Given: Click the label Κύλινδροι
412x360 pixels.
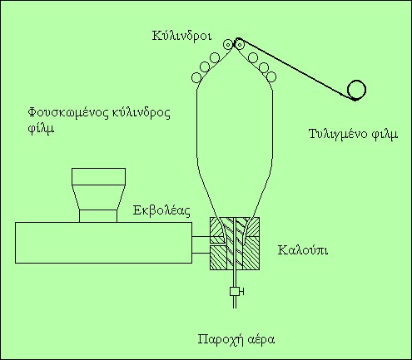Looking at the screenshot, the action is [x=181, y=37].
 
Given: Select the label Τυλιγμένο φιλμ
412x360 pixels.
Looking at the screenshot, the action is [x=353, y=135].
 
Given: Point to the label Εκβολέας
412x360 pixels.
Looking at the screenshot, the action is [x=161, y=210].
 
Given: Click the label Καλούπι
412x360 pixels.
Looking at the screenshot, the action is [x=303, y=250].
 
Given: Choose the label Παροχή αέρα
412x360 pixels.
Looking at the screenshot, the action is [x=236, y=339].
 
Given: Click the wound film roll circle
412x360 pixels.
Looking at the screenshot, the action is [x=357, y=90].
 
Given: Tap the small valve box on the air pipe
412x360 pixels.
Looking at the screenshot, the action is [x=235, y=292].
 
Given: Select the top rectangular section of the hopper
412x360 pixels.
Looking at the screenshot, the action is [x=98, y=176].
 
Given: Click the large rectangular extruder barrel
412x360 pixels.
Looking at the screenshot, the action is [x=103, y=243].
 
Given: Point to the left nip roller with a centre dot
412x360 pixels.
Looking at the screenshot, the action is [x=228, y=44].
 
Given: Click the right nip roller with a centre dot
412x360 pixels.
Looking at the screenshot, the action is [x=239, y=44].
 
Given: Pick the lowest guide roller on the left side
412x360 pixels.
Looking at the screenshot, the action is [x=196, y=77].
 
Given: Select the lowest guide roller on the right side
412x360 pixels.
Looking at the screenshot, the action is [x=271, y=76].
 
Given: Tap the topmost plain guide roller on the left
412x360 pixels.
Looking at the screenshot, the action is [x=215, y=57].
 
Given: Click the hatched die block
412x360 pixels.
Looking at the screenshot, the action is [x=235, y=244].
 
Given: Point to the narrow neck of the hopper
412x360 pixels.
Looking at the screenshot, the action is [x=98, y=216].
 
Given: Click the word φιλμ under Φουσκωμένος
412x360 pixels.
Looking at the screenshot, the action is [x=41, y=129].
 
